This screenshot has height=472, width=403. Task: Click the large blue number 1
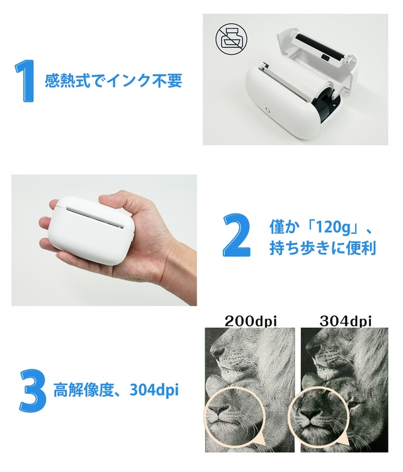[x=25, y=81]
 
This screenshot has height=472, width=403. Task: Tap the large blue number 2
[x=236, y=235]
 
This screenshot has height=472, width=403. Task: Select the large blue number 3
[x=33, y=390]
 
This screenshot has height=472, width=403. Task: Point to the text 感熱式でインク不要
[x=113, y=81]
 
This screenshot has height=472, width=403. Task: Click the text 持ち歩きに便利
[x=322, y=249]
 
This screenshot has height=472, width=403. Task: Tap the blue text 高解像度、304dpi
[x=116, y=390]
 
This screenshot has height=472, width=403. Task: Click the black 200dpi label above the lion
[x=251, y=321]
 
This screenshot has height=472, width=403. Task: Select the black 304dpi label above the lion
[x=345, y=321]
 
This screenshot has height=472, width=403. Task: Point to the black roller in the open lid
[x=321, y=47]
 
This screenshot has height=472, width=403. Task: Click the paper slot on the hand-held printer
[x=95, y=218]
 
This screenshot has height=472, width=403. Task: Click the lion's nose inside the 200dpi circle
[x=219, y=410]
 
